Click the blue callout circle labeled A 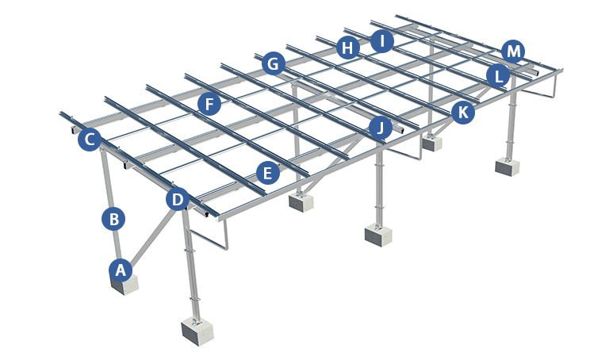(121, 270)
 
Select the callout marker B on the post (113, 219)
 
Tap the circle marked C (90, 139)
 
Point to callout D (178, 199)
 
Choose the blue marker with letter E (268, 173)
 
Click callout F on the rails (209, 104)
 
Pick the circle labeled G (273, 63)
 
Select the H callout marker (348, 48)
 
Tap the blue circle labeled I (382, 40)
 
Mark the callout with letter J (381, 128)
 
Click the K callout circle (463, 112)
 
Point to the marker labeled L (498, 76)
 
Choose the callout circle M (513, 52)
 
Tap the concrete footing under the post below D (197, 331)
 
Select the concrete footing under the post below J (378, 235)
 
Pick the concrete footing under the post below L (508, 167)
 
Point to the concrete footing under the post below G (301, 202)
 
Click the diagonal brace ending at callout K (443, 127)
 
